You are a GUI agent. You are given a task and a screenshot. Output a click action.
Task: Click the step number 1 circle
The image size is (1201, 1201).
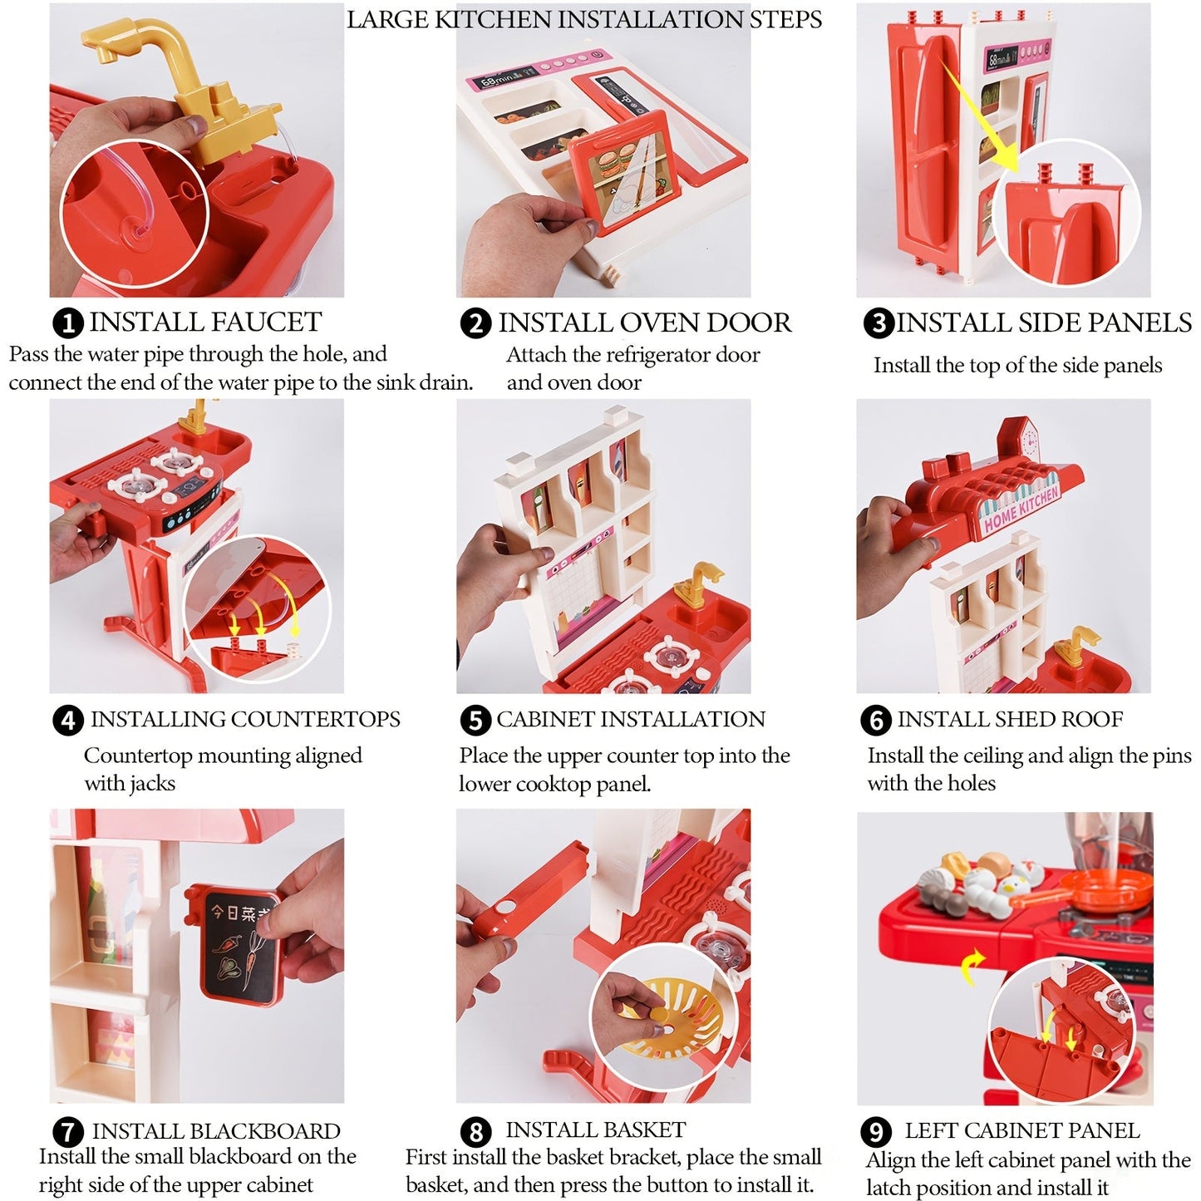pos(68,323)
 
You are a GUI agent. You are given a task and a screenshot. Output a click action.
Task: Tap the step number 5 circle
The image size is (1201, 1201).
pos(475,721)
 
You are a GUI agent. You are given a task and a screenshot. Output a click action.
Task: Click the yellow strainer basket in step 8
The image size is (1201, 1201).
pos(673,1018)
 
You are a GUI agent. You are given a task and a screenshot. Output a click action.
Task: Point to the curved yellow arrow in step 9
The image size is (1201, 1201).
pos(973,968)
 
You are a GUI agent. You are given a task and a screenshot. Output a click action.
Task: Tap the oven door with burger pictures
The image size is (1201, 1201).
pos(627,170)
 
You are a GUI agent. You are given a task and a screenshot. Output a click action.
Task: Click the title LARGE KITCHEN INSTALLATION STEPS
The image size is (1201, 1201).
pos(584,20)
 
